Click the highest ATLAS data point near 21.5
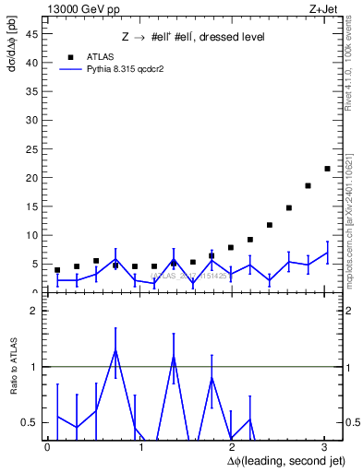[x=327, y=169]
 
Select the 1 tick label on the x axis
[x=140, y=446]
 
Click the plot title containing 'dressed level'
[x=193, y=37]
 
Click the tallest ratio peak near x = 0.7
[x=115, y=349]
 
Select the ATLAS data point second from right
[x=308, y=185]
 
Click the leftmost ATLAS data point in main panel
[x=57, y=270]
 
